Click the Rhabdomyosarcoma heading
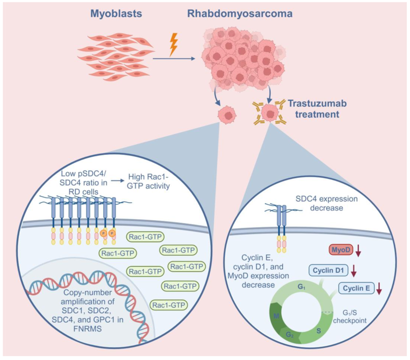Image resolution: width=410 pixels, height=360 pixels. click(x=239, y=14)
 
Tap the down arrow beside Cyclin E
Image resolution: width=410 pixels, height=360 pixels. click(x=379, y=289)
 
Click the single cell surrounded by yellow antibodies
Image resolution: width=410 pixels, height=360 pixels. click(x=271, y=113)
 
